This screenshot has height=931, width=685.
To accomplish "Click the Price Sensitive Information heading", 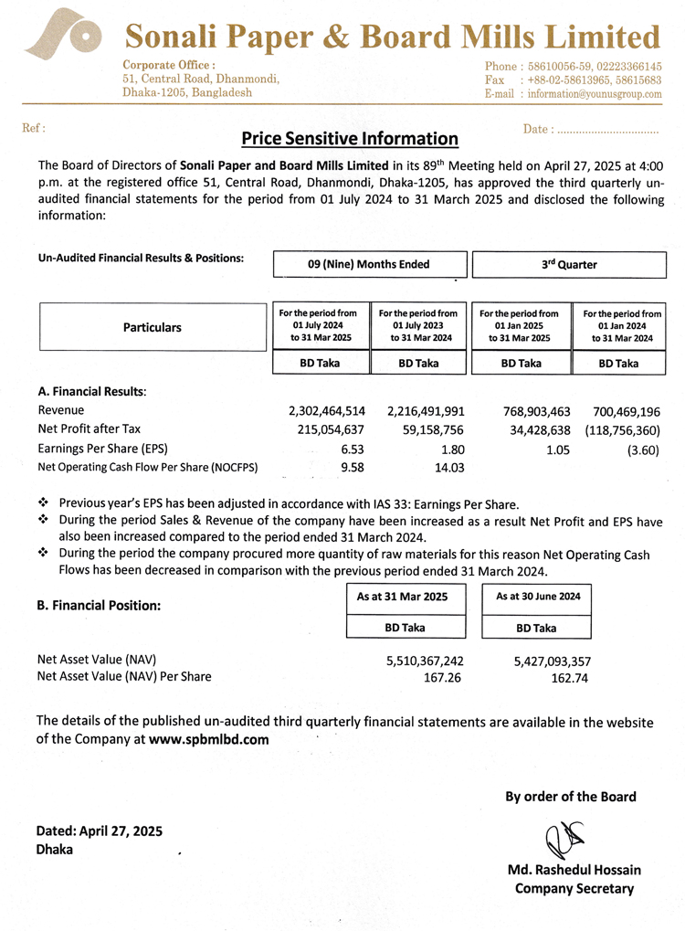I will pyautogui.click(x=350, y=139).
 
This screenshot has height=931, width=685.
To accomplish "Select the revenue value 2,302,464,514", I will pyautogui.click(x=327, y=411).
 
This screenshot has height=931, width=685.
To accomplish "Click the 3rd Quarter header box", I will pyautogui.click(x=568, y=264).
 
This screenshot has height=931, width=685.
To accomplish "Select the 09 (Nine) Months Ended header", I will pyautogui.click(x=369, y=264).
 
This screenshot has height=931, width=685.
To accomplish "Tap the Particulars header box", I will pyautogui.click(x=153, y=327).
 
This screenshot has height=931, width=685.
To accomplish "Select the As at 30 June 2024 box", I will pyautogui.click(x=537, y=596).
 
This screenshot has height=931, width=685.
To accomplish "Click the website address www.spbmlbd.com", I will pyautogui.click(x=209, y=740).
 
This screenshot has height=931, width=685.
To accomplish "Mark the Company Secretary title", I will pyautogui.click(x=574, y=888).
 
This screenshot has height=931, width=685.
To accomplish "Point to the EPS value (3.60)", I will pyautogui.click(x=642, y=449).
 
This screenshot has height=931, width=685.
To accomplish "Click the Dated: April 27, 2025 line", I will pyautogui.click(x=100, y=831).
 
